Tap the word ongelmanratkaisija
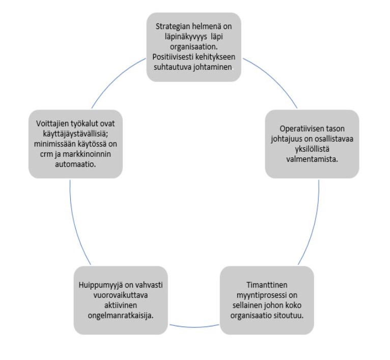click(x=121, y=315)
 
